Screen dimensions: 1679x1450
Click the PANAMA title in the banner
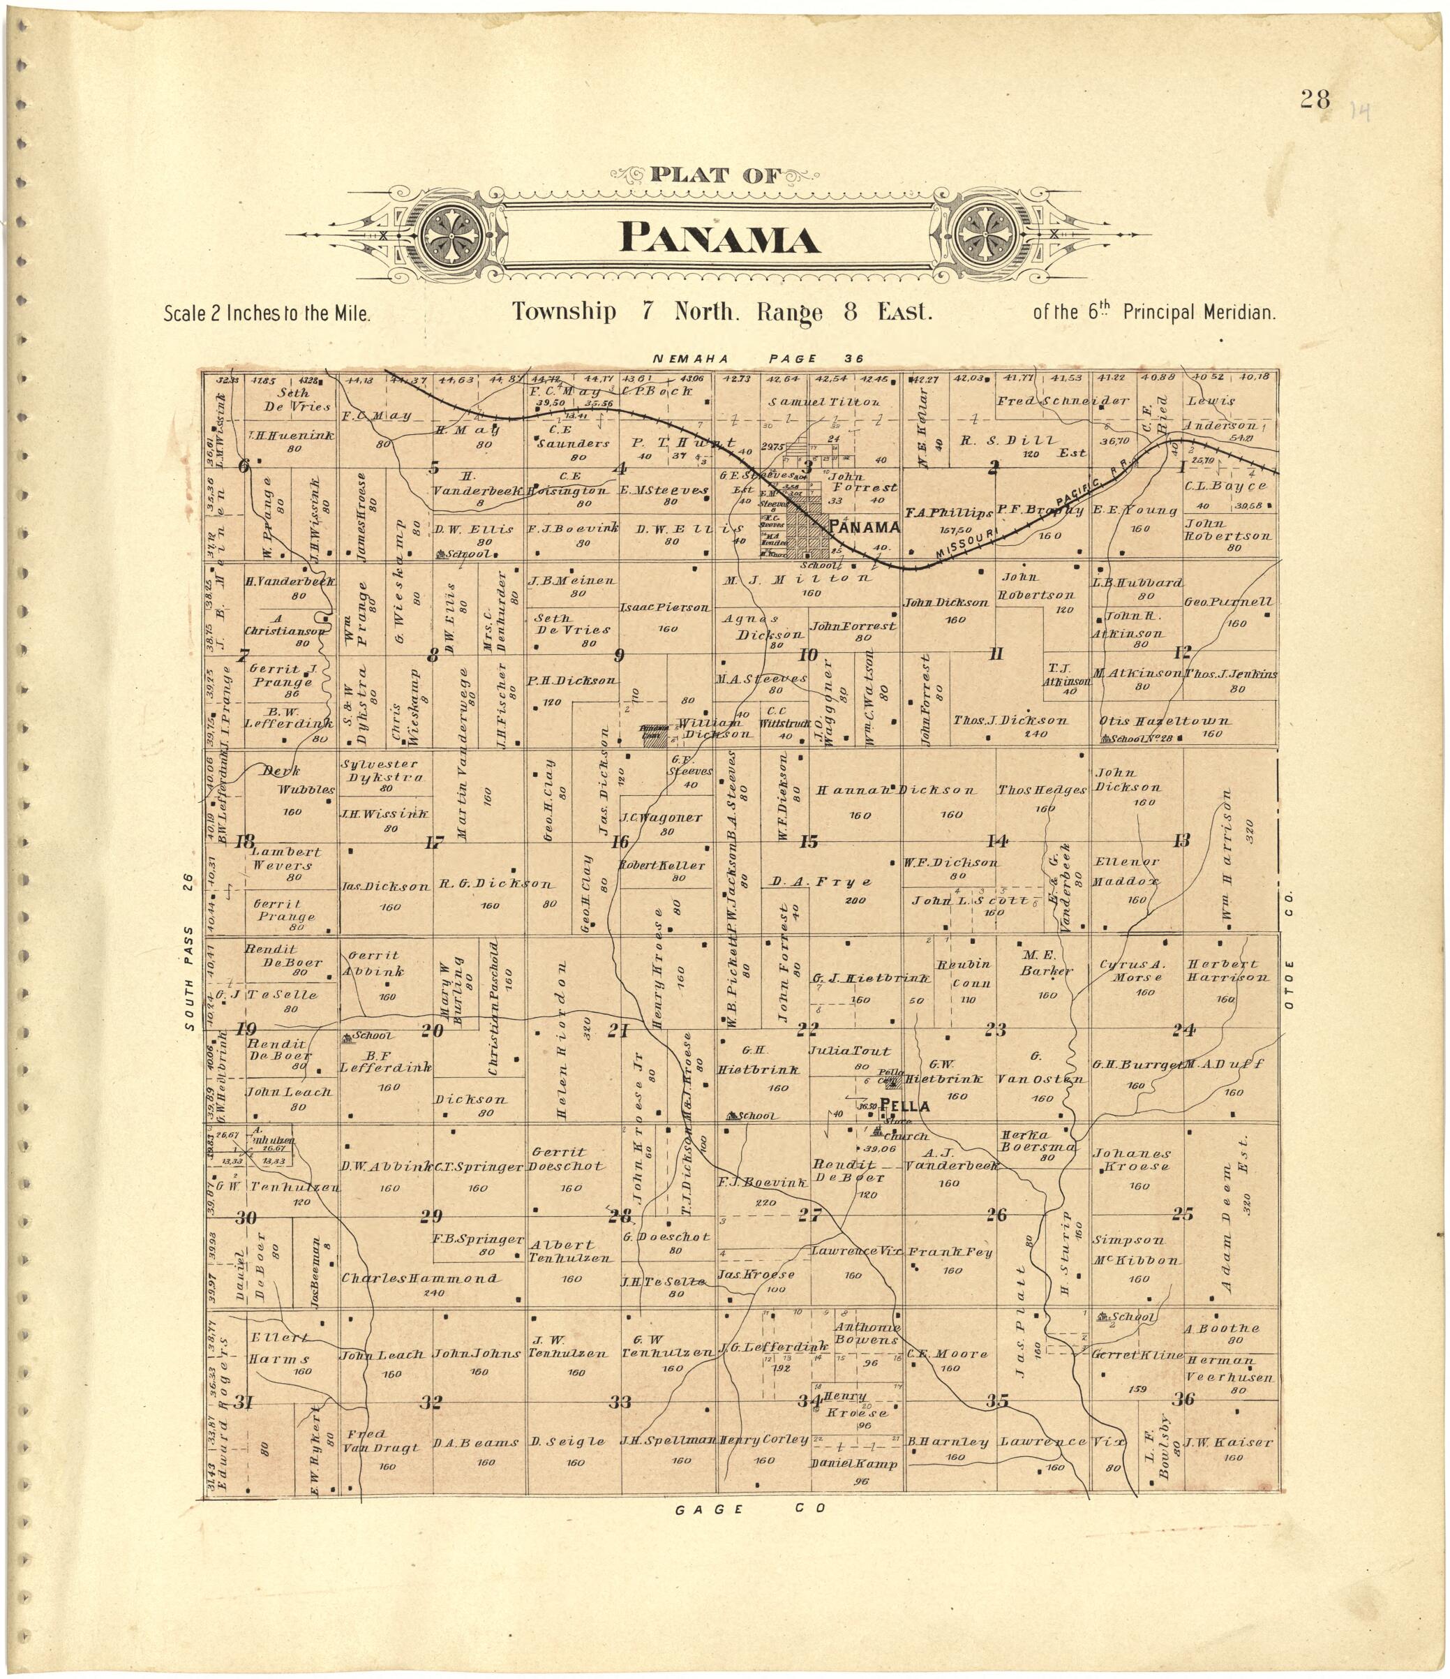pyautogui.click(x=719, y=240)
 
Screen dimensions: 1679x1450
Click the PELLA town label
pyautogui.click(x=905, y=1105)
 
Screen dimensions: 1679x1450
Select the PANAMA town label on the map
pyautogui.click(x=865, y=528)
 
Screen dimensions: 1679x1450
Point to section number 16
pyautogui.click(x=620, y=841)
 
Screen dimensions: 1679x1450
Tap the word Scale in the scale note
pyautogui.click(x=186, y=313)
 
